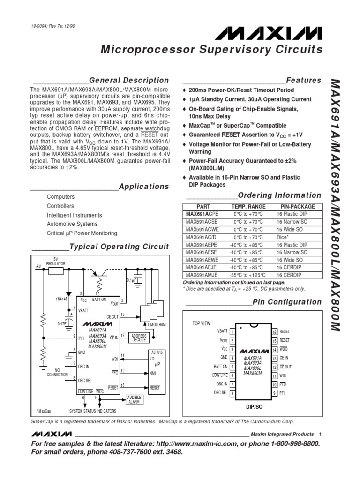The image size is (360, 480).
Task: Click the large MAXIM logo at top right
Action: coord(269,33)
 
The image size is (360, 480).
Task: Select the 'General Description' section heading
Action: coord(129,80)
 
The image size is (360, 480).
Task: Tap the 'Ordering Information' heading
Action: coord(279,195)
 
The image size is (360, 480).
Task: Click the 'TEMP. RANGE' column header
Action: coord(248,207)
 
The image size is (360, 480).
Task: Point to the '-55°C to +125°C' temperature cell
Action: coord(247,275)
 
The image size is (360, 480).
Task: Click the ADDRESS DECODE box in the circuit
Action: coord(139,337)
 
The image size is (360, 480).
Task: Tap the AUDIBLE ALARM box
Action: coord(135,399)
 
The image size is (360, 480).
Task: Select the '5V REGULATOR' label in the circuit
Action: coord(56,262)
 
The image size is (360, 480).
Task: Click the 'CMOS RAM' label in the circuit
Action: coord(157,324)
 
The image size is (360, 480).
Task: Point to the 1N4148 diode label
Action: coord(61,299)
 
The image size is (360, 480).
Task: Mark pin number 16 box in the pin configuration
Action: coord(275,332)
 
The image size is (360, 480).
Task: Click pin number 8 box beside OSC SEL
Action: coord(232,393)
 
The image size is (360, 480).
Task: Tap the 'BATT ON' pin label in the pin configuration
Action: coord(221,366)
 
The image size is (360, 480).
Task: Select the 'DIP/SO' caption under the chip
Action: coord(255,407)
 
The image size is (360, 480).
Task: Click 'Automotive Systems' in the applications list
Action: coord(72,224)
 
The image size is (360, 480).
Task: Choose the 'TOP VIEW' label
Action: coord(202,323)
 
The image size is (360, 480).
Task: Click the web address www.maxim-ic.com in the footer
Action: coord(196,443)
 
